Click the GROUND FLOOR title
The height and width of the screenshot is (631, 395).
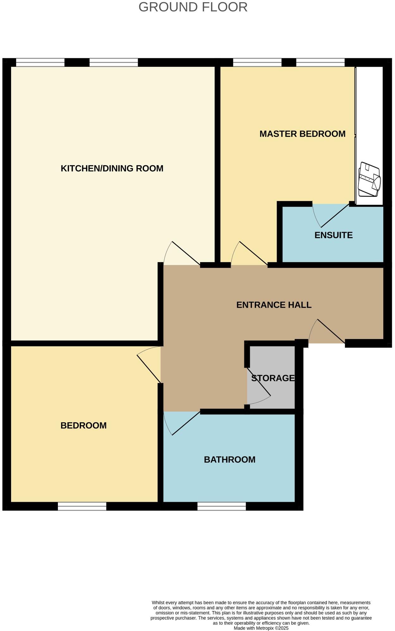click(x=193, y=7)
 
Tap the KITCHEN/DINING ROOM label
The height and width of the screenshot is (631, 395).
click(x=112, y=168)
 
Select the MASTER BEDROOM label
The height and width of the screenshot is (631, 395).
click(x=302, y=134)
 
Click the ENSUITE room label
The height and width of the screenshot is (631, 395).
click(x=333, y=235)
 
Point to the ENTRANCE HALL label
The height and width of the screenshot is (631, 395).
click(x=274, y=305)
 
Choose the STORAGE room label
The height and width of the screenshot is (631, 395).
click(x=273, y=378)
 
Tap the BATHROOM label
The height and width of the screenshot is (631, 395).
click(x=229, y=459)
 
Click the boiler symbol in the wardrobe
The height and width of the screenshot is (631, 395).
click(x=369, y=180)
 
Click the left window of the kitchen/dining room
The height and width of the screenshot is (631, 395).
click(x=40, y=62)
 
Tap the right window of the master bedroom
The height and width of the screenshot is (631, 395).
click(x=320, y=62)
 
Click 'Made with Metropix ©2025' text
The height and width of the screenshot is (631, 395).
click(x=261, y=628)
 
